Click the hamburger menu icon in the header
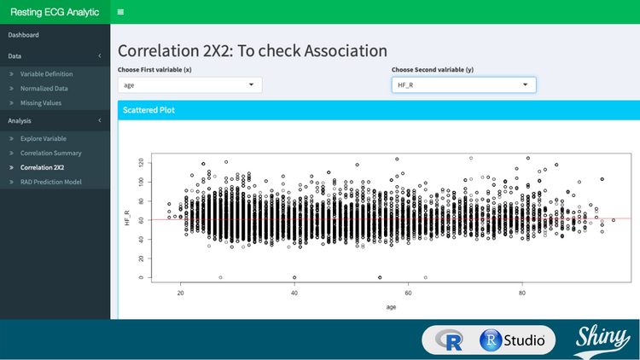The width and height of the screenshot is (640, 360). coord(120,13)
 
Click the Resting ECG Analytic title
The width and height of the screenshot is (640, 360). coord(55,13)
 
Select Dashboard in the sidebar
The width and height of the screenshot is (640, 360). coord(24,35)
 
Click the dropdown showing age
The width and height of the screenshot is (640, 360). coord(189,84)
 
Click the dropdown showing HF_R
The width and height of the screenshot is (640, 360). coord(463,84)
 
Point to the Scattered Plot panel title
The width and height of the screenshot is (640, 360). coord(148,110)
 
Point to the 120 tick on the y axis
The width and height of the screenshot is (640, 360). coord(142,161)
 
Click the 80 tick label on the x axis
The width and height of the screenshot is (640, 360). coord(522,292)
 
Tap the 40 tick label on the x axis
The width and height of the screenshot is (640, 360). coord(294,292)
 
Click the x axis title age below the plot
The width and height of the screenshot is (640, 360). coord(391,306)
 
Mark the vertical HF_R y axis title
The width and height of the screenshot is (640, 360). coord(127,218)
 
